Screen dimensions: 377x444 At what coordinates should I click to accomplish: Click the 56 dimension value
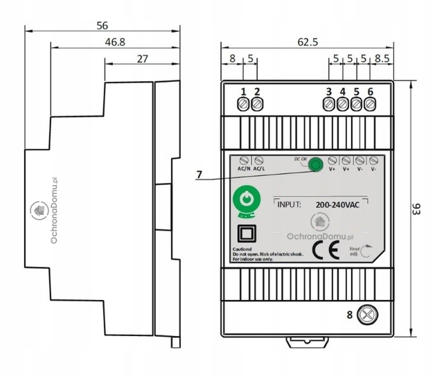pyautogui.click(x=102, y=25)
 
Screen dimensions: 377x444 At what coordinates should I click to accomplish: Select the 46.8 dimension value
pyautogui.click(x=115, y=42)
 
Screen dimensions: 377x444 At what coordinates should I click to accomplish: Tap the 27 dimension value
pyautogui.click(x=142, y=59)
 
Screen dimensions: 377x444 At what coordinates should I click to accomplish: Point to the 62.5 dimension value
pyautogui.click(x=308, y=42)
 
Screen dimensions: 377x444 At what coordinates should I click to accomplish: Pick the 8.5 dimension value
pyautogui.click(x=382, y=60)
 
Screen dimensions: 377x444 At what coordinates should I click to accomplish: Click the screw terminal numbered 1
pyautogui.click(x=243, y=104)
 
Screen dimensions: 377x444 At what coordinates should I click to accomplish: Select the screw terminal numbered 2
pyautogui.click(x=257, y=104)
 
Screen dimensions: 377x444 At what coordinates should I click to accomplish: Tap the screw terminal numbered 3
pyautogui.click(x=328, y=104)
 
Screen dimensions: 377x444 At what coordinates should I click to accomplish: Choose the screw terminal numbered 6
pyautogui.click(x=371, y=104)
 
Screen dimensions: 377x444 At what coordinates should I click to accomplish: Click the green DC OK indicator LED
pyautogui.click(x=315, y=165)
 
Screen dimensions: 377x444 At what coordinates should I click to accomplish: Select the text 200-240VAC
pyautogui.click(x=338, y=205)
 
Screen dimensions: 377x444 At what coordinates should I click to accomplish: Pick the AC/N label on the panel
pyautogui.click(x=244, y=168)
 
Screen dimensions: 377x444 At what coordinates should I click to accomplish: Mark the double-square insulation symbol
pyautogui.click(x=244, y=232)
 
